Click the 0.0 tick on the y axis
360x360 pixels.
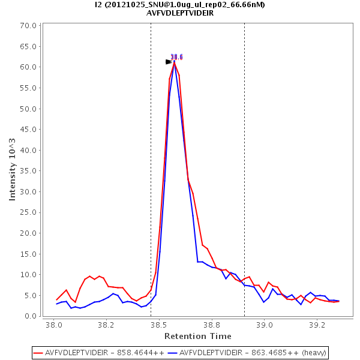tap(31, 316)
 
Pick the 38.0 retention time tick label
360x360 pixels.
tap(54, 325)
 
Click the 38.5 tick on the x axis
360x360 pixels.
tap(159, 325)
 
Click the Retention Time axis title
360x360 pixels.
tap(197, 336)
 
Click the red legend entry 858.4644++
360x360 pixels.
tap(100, 352)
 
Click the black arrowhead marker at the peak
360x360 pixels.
tap(169, 62)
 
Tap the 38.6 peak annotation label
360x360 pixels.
tap(176, 57)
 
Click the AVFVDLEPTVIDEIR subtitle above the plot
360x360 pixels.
tap(180, 13)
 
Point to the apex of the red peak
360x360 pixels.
tap(175, 62)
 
